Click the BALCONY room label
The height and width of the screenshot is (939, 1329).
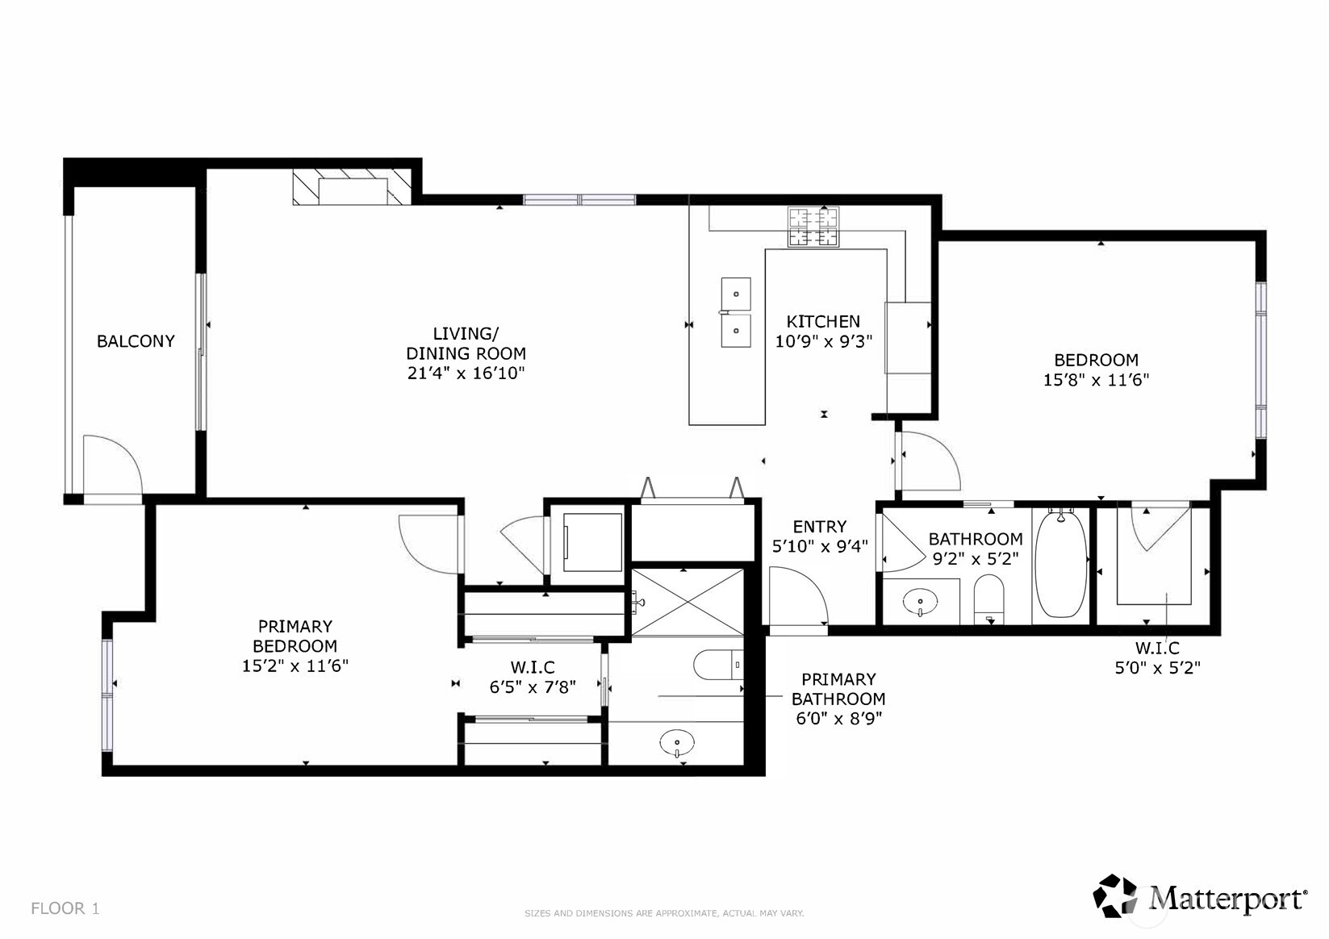point(136,341)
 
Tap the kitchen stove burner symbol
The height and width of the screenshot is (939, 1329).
point(813,227)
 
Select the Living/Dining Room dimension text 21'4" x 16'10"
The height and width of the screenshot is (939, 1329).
point(466,373)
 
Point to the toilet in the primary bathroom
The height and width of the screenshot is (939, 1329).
point(717,664)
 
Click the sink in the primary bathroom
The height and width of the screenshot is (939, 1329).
point(676,741)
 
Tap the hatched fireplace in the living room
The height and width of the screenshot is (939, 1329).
point(352,187)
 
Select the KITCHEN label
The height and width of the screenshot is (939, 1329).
point(823,321)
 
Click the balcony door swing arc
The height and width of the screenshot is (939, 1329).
point(113,464)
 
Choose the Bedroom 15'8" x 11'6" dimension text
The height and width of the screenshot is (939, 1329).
point(1096,379)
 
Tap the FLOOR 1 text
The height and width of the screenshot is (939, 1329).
point(65,908)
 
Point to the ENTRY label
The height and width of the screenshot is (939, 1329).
point(820,527)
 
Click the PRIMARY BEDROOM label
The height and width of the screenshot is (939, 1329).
point(295,636)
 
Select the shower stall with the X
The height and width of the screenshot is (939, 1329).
point(687,602)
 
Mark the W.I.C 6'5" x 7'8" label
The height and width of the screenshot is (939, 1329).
point(533,678)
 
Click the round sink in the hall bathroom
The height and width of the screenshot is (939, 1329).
point(920,601)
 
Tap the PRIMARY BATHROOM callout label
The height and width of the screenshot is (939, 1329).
point(838,689)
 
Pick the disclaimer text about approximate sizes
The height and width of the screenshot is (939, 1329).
point(664,913)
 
